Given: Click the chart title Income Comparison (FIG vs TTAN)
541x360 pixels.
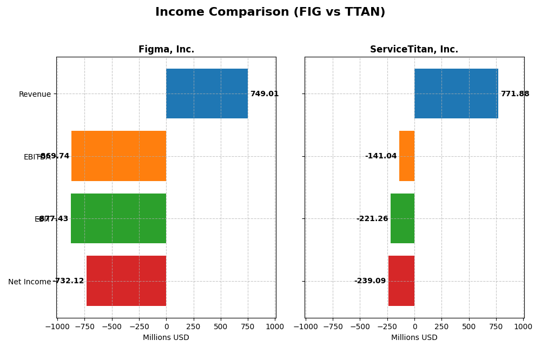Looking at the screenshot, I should [x=270, y=12].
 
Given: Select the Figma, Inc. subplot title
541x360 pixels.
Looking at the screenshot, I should [x=166, y=50].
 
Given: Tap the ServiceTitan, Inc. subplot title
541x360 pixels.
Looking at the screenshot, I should [x=414, y=50].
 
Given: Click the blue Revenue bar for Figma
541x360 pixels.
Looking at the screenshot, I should [x=207, y=94].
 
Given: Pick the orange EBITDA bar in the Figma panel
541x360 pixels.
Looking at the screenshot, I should [x=118, y=156].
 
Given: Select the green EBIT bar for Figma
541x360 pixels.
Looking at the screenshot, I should [x=118, y=218].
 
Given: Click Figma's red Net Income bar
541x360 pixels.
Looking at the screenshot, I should [x=126, y=281].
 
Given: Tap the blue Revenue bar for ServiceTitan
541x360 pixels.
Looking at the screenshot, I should [x=456, y=94].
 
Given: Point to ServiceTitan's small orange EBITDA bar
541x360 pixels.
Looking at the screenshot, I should [x=407, y=156].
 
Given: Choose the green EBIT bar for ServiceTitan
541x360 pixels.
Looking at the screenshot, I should [x=403, y=218].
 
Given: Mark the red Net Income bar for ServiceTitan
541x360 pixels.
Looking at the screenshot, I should [x=401, y=281].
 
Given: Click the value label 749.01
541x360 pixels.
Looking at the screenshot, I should [x=264, y=94].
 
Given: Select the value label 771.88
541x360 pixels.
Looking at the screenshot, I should [x=514, y=94].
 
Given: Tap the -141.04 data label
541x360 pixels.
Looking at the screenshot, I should [x=381, y=156].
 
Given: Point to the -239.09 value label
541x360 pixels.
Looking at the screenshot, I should [x=370, y=281].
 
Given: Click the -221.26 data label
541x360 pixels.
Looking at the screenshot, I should [x=372, y=219].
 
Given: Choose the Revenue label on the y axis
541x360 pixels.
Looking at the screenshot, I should [x=35, y=94].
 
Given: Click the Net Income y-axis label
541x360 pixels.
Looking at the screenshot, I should [x=29, y=282].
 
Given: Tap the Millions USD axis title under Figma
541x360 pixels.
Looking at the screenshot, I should [x=166, y=338].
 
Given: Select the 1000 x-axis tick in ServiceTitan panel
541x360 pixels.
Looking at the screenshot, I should [x=523, y=326].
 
